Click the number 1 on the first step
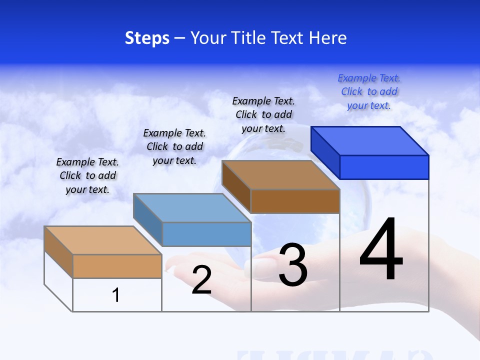point(116,295)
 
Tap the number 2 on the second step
point(201,280)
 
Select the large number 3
point(293,265)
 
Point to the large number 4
point(381,250)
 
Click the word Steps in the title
point(147,38)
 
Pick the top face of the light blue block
point(192,208)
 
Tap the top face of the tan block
point(103,240)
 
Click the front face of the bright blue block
point(384,167)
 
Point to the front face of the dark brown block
point(295,201)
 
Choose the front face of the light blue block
point(207,234)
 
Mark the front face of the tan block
point(117,266)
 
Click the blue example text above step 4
point(369,91)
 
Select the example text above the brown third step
point(263,114)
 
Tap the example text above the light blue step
point(174,146)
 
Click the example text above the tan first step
point(87,175)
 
